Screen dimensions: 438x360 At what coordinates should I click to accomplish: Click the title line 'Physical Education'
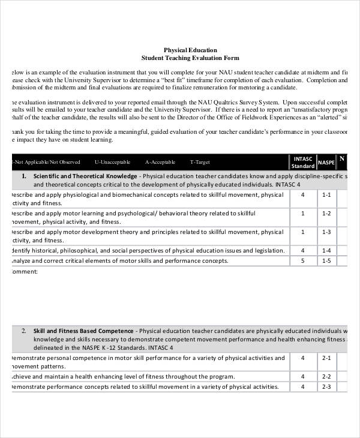coord(190,50)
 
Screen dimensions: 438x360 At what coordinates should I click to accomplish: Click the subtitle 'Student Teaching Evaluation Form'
coord(190,58)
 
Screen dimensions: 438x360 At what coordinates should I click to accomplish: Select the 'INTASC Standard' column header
coord(302,162)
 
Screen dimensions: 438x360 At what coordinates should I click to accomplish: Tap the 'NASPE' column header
coord(326,163)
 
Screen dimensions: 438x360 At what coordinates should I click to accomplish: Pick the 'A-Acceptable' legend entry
coord(160,163)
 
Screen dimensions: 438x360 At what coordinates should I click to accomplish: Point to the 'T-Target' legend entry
coord(200,163)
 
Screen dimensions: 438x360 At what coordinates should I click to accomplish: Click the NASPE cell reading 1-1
coord(326,195)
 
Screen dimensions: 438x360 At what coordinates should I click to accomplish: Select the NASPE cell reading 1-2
coord(326,213)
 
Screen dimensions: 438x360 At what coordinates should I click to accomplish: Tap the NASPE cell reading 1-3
coord(326,232)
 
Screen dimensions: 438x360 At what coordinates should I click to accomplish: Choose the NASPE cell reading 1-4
coord(326,250)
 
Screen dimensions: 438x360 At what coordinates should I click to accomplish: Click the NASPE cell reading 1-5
coord(326,261)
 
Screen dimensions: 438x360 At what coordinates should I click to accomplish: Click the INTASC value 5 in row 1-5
coord(302,261)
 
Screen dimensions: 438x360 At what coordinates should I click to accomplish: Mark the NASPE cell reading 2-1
coord(326,358)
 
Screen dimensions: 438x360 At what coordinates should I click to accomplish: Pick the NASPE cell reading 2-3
coord(326,387)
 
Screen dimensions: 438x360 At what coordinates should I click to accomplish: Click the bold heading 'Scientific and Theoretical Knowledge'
coord(85,176)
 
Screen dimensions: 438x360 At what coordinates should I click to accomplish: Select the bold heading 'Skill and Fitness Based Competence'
coord(84,331)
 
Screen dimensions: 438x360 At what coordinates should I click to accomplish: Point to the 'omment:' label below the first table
coord(25,272)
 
